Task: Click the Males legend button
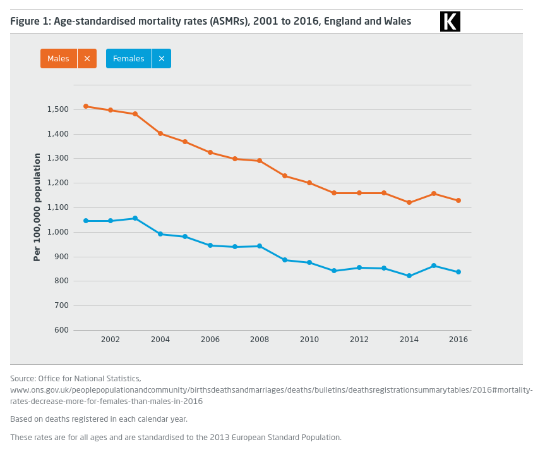coord(59,59)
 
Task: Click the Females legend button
coord(129,59)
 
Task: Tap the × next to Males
coord(87,59)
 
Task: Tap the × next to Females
coord(162,59)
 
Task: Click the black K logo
coord(450,21)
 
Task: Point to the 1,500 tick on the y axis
coord(57,109)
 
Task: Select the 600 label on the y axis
coord(61,330)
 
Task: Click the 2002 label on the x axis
coord(111,340)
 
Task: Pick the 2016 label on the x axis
coord(458,340)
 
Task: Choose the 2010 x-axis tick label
coord(309,340)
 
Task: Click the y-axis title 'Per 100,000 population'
coord(37,207)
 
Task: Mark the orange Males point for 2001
coord(86,106)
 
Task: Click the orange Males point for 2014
coord(409,202)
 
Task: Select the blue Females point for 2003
coord(135,218)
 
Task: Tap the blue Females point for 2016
coord(458,272)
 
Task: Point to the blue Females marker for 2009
coord(285,260)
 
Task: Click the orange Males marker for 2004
coord(160,133)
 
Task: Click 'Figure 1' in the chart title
coord(29,21)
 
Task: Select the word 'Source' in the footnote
coord(23,378)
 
